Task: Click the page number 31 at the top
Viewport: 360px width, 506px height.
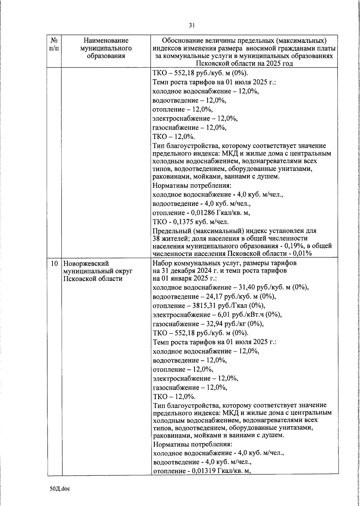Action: pos(192,26)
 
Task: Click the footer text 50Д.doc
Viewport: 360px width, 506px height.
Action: pos(60,489)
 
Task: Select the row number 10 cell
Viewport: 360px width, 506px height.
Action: pos(54,264)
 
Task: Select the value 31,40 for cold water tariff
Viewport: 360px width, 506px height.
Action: pos(247,288)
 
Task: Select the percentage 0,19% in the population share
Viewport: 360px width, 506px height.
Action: pos(295,246)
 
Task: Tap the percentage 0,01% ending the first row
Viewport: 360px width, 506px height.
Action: pos(303,253)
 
